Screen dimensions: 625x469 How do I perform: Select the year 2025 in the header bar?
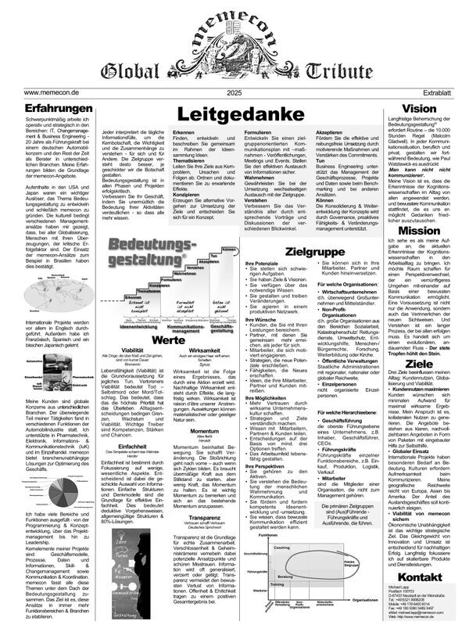coord(234,92)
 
